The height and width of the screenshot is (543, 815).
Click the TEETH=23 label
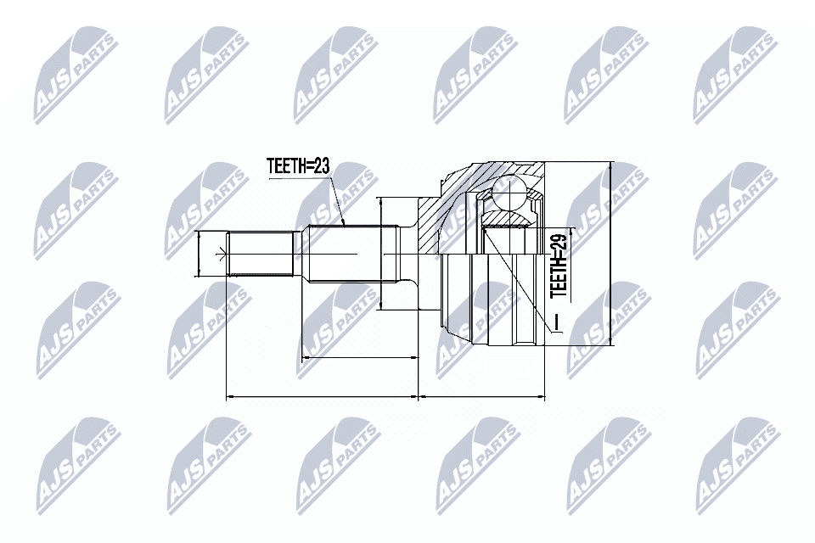pos(297,165)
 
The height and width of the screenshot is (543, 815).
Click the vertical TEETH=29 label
pos(559,266)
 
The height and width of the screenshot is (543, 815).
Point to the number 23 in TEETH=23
pos(319,165)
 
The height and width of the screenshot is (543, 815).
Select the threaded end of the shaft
pos(262,254)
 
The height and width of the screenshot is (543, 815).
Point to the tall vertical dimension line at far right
pos(610,255)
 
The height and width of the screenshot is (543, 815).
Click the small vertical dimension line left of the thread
pos(197,254)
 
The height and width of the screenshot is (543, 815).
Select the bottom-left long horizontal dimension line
pos(323,395)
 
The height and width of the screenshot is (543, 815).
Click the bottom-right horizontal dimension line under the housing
pos(482,395)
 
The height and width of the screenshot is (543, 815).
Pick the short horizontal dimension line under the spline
pos(361,358)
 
